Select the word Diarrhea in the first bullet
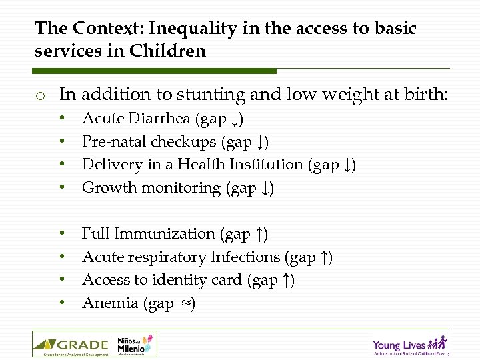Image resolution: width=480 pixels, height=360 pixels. (x=163, y=119)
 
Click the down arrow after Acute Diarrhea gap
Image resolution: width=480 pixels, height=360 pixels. (x=237, y=119)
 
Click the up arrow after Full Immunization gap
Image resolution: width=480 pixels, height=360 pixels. (x=261, y=234)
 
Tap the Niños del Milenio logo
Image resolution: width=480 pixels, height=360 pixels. (x=136, y=344)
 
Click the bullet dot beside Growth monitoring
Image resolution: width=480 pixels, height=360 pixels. (x=62, y=188)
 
